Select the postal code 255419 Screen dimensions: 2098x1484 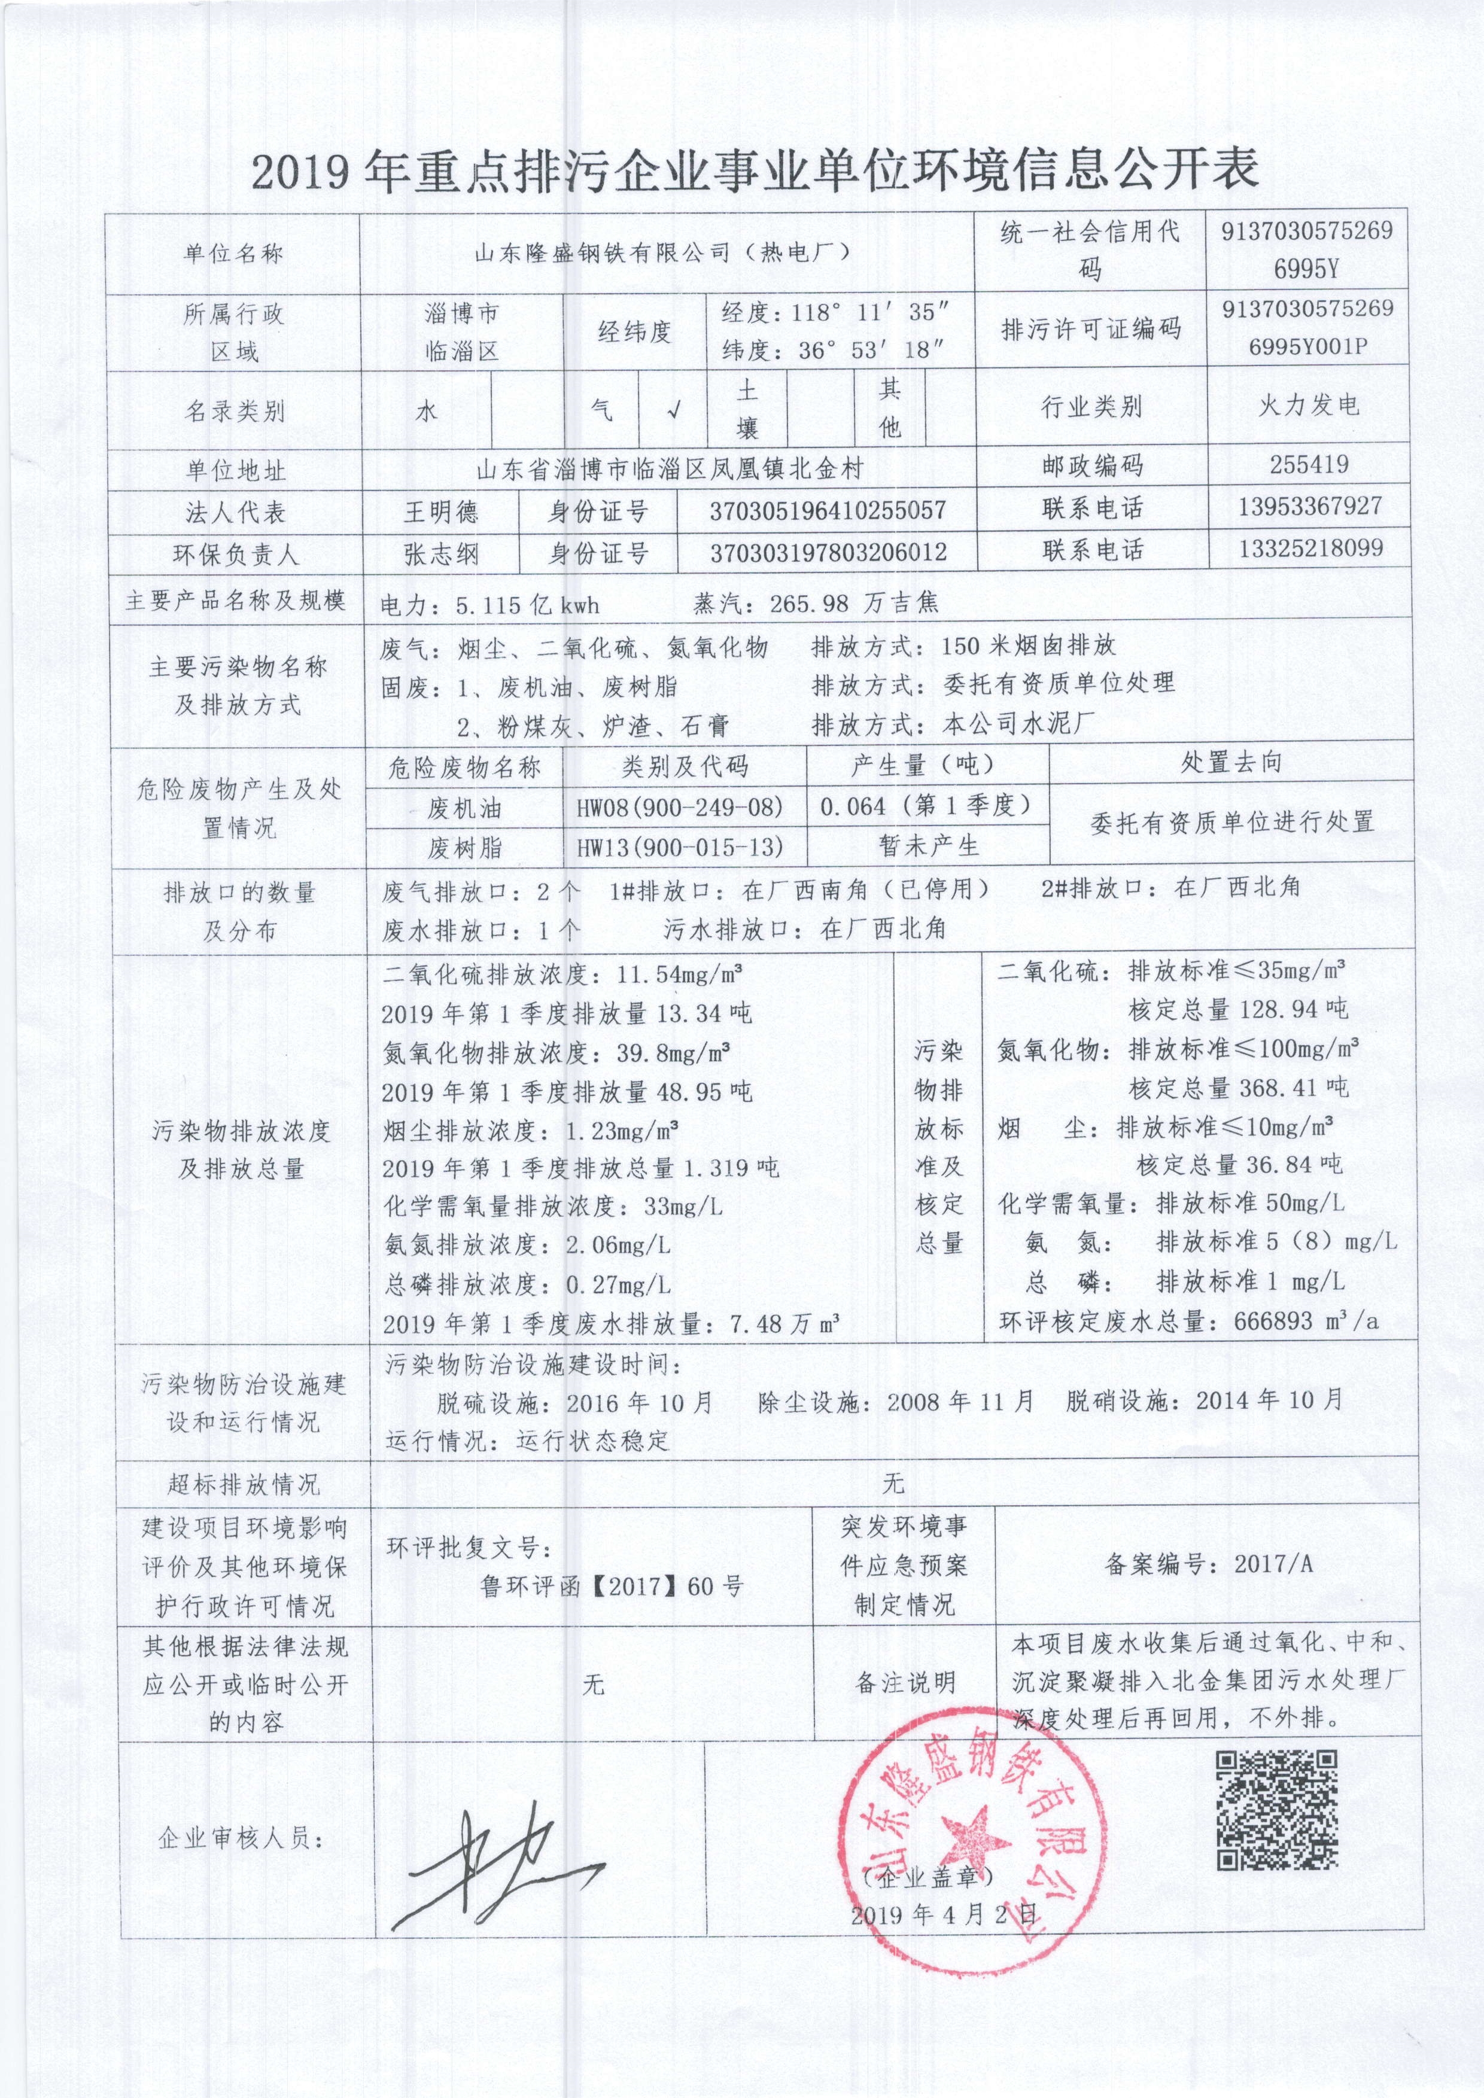1309,464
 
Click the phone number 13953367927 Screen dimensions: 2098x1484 1309,506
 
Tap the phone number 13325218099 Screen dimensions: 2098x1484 1309,548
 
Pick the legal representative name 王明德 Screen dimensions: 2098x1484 442,511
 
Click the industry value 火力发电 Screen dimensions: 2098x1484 1309,406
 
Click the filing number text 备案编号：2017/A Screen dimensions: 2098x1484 1208,1563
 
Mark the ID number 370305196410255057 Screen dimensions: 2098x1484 827,511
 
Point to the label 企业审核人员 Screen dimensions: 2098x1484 241,1838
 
